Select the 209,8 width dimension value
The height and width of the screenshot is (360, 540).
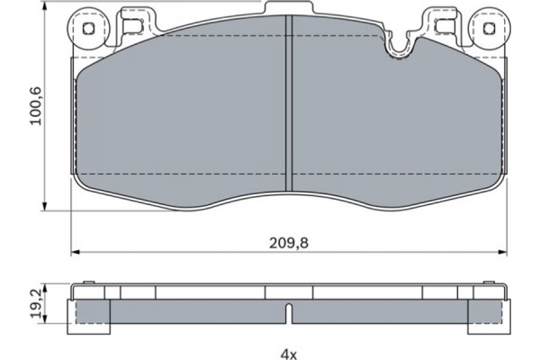click(287, 242)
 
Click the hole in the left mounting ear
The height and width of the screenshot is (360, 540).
click(89, 28)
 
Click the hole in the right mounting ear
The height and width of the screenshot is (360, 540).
click(488, 28)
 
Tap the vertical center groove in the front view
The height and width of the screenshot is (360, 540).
click(287, 103)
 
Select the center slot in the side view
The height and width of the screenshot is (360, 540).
click(287, 314)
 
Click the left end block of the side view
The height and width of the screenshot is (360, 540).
click(91, 310)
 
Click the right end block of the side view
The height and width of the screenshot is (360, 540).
click(486, 310)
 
